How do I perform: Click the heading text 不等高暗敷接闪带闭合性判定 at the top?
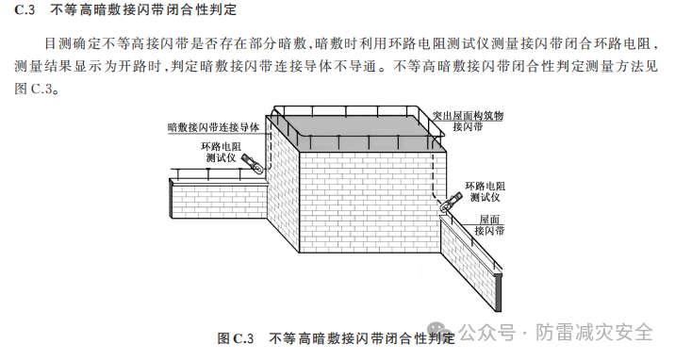click(150, 11)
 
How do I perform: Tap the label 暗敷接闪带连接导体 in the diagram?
click(213, 126)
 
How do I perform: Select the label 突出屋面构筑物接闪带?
click(468, 120)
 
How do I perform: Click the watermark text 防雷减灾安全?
click(596, 333)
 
